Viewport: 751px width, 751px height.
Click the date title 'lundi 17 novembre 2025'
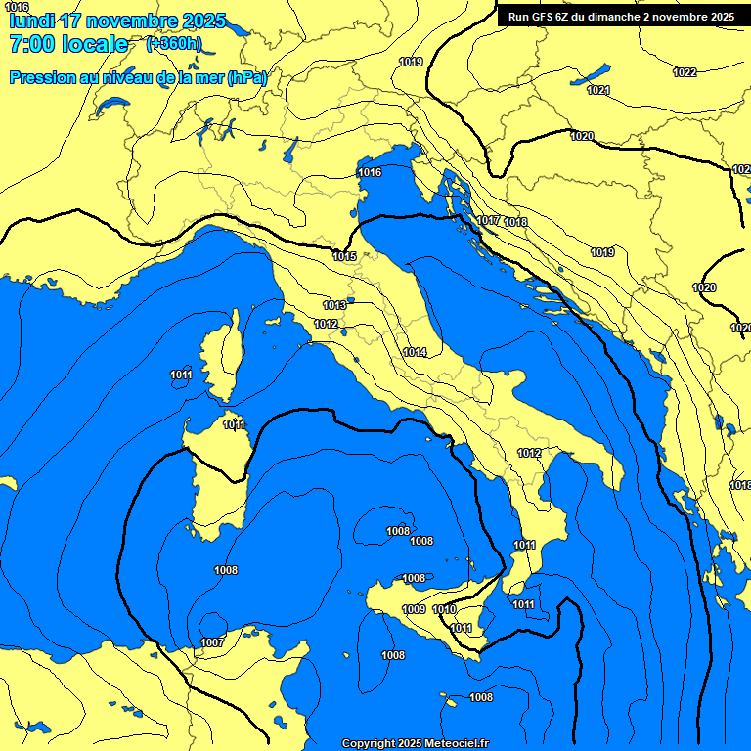tap(116, 21)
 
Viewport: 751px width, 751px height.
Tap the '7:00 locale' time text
tap(67, 44)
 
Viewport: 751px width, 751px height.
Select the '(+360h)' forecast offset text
tap(174, 44)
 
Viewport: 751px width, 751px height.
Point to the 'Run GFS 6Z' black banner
tap(622, 16)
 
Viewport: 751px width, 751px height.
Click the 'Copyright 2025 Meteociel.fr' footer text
tap(415, 743)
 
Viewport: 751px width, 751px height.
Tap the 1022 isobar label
tap(685, 72)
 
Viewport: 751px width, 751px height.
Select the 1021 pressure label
tap(598, 90)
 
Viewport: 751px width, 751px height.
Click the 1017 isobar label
tap(489, 221)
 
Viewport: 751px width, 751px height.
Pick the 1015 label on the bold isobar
tap(344, 256)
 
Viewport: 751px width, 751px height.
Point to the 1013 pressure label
tap(334, 305)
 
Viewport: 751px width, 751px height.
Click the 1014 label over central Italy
tap(415, 352)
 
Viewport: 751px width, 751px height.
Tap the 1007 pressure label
tap(212, 642)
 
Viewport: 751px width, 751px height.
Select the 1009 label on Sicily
tap(414, 609)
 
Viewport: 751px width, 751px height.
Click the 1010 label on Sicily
tap(444, 609)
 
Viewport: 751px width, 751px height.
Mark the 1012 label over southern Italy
tap(529, 453)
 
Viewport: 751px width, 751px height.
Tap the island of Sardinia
tap(211, 479)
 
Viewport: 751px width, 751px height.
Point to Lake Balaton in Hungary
tap(592, 75)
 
